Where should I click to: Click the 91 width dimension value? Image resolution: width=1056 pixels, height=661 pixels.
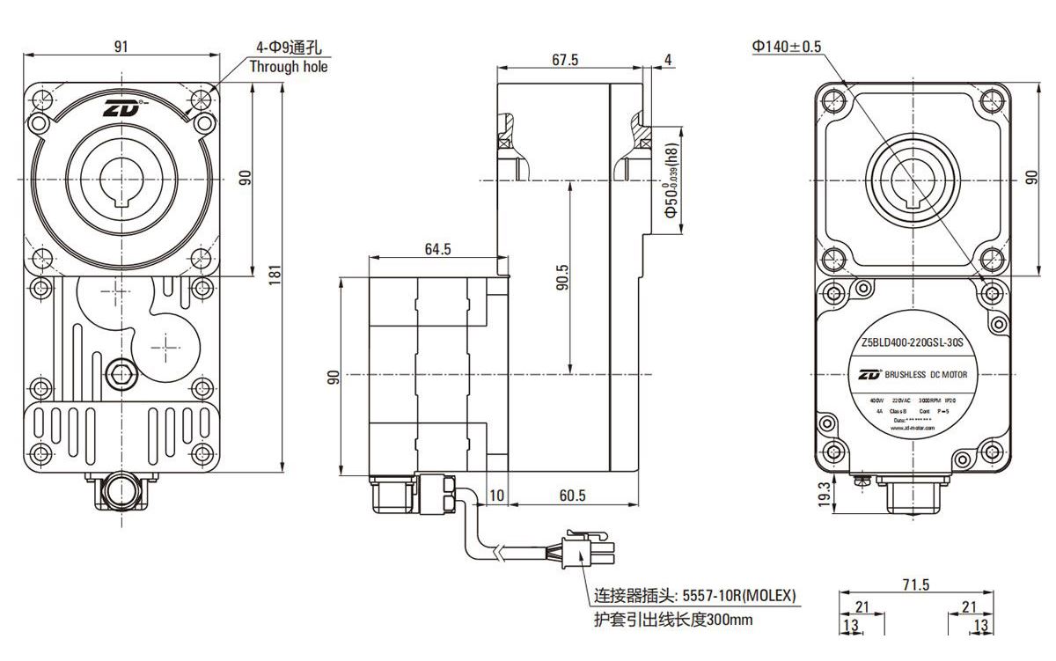coord(120,47)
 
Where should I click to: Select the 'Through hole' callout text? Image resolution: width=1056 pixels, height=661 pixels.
coord(288,67)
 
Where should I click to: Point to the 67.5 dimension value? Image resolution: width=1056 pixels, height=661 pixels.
coord(564,60)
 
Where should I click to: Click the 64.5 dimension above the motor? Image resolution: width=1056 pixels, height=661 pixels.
coord(437,249)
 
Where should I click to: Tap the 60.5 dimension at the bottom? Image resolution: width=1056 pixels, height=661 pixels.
coord(572,496)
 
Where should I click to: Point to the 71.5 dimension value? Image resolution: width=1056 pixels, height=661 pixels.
coord(915,584)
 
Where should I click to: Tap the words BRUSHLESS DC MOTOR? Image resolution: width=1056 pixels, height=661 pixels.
coord(924,375)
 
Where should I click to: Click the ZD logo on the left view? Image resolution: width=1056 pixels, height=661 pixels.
coord(120,110)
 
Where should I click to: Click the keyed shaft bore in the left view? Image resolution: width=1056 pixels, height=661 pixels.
coord(120,180)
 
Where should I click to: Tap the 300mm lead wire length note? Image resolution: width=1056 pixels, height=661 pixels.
coord(673,621)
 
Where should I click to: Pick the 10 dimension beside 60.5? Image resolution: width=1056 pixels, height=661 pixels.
coord(496,496)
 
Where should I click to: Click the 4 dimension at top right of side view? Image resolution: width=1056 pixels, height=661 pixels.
coord(669,60)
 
